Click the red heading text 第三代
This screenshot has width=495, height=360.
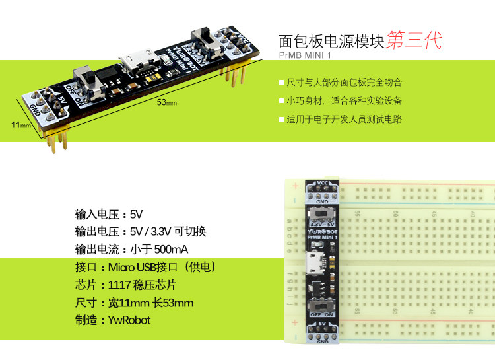(414, 41)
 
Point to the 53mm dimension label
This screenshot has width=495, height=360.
(166, 102)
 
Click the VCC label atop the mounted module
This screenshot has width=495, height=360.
(323, 182)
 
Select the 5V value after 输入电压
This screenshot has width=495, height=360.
(137, 214)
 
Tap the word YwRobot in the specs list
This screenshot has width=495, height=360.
(129, 320)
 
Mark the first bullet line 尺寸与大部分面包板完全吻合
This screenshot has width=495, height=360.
(344, 83)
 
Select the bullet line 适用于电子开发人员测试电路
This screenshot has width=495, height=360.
(344, 120)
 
